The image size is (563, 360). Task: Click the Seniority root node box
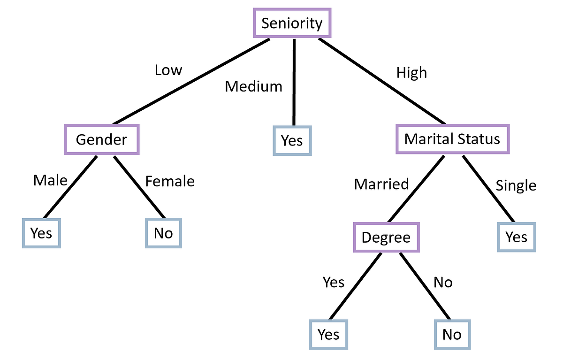[x=292, y=23]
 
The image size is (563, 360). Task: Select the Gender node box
[x=101, y=139]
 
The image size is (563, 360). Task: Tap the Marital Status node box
[x=452, y=139]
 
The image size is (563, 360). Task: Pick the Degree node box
[x=386, y=237]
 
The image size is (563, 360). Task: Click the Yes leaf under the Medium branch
[x=292, y=140]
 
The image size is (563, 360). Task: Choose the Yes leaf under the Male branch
[x=41, y=233]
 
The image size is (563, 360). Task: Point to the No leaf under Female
[x=163, y=233]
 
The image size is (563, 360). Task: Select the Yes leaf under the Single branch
[x=516, y=237]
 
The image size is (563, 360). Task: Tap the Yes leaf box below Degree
[x=328, y=335]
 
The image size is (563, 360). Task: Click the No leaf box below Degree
[x=451, y=335]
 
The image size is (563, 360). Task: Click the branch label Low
[x=168, y=70]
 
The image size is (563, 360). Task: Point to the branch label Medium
[x=253, y=86]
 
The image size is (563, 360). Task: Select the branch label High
[x=411, y=73]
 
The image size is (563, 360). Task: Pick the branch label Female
[x=169, y=181]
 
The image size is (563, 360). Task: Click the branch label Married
[x=381, y=184]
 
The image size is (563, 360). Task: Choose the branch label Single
[x=516, y=186]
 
